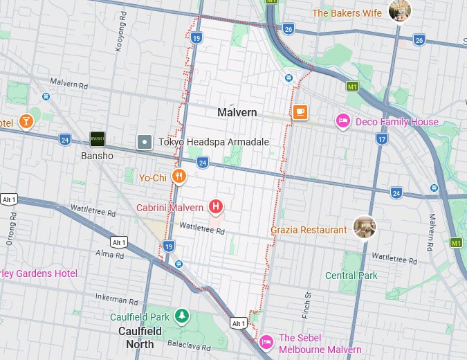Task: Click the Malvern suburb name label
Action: (237, 112)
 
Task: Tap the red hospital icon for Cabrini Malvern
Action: (216, 206)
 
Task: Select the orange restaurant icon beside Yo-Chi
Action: (179, 177)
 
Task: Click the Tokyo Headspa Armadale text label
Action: (213, 142)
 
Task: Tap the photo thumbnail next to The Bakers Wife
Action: (400, 11)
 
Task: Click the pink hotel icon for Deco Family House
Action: (342, 121)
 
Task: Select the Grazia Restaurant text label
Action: (309, 230)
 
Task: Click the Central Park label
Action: (351, 276)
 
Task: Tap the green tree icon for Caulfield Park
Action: (181, 316)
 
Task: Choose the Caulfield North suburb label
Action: (140, 337)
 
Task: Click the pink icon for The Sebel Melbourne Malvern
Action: (266, 342)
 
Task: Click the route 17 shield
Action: (381, 139)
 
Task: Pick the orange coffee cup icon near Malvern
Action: (300, 112)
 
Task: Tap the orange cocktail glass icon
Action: (26, 122)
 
